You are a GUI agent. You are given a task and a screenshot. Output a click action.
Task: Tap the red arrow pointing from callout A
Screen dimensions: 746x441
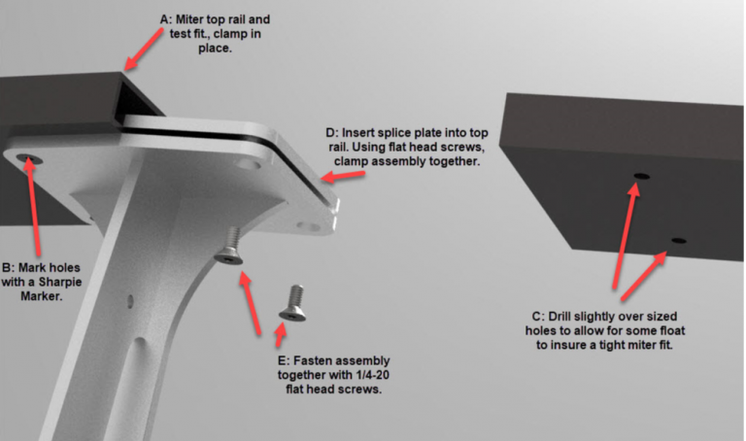tap(143, 49)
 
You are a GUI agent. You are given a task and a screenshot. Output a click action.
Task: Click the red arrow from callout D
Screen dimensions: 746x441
tap(343, 176)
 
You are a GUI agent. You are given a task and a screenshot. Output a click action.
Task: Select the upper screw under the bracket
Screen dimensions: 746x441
tap(230, 246)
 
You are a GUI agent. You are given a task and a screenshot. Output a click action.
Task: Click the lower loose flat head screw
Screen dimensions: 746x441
tap(293, 303)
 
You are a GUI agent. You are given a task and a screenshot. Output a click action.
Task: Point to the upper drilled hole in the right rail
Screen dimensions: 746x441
tap(641, 177)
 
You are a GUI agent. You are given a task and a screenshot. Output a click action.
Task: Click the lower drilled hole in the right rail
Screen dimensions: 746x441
tap(679, 241)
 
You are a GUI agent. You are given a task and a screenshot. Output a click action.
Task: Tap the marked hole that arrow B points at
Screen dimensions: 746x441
tap(28, 158)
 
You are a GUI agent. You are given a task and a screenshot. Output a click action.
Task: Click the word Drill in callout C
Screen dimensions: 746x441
tap(559, 317)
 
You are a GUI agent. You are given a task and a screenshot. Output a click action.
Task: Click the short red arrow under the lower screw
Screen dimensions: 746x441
tap(281, 334)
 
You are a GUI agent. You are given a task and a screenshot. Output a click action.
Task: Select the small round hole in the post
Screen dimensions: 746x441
tap(130, 301)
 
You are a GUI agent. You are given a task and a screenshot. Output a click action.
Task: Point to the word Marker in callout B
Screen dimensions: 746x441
tap(42, 296)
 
